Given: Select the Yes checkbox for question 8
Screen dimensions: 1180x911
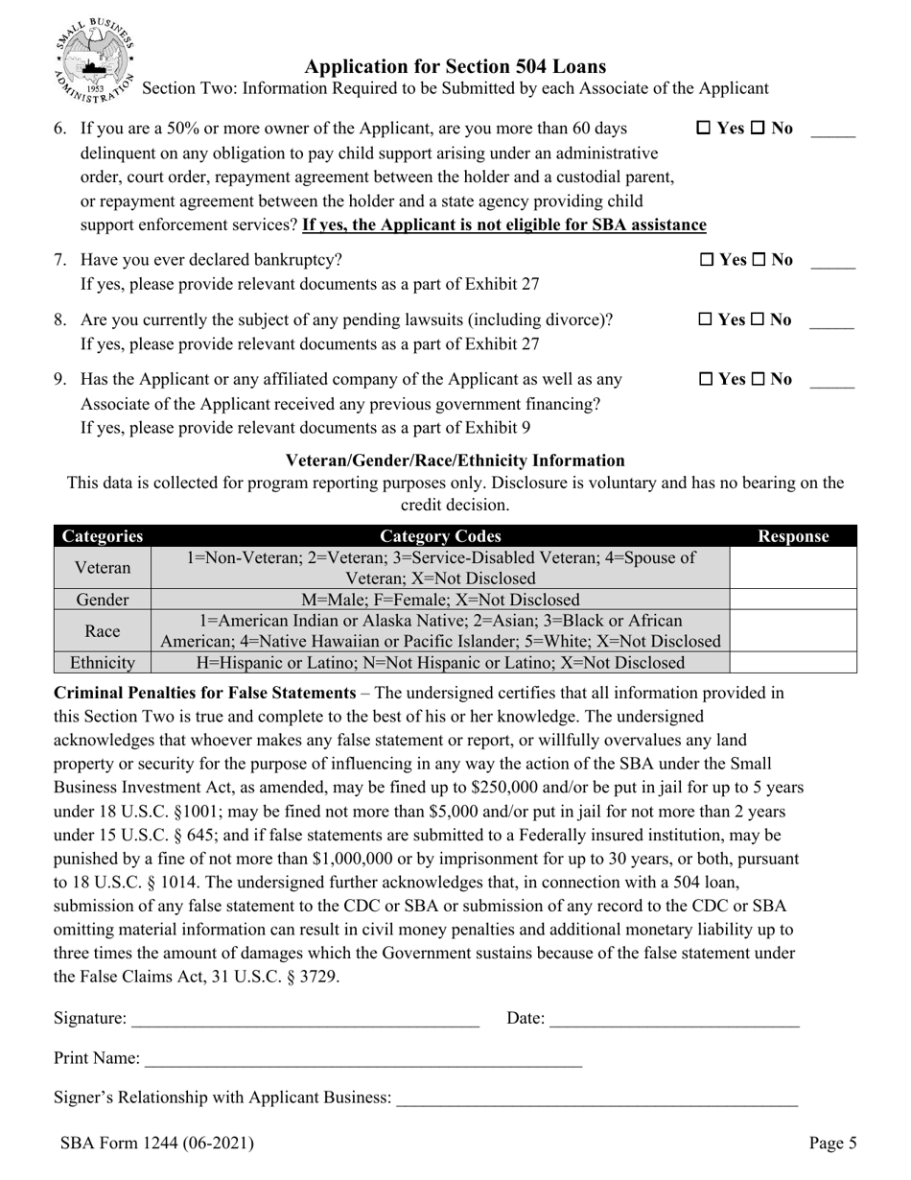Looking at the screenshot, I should tap(705, 319).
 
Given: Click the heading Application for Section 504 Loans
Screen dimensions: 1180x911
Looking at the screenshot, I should tap(455, 66).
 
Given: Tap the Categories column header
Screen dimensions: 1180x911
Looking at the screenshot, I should tap(103, 536).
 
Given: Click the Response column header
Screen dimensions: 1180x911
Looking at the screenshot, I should tap(792, 536).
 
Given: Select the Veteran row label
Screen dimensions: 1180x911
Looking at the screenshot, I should tap(103, 568).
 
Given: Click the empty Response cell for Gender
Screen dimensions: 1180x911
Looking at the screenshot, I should tap(792, 600).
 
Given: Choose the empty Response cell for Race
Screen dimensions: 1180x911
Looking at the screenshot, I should tap(792, 630).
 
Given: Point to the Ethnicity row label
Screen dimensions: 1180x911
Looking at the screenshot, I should tap(103, 662).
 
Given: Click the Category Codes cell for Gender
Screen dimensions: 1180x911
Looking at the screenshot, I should tap(440, 600).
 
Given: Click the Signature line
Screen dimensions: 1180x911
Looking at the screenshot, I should tap(305, 1020).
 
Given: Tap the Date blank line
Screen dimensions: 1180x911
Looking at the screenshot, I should tap(674, 1020).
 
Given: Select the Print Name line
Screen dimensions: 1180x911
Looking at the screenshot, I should tap(362, 1059).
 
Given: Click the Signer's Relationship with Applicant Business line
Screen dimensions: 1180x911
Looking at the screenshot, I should tap(596, 1098).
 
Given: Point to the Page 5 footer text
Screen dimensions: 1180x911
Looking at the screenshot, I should tap(831, 1143).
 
